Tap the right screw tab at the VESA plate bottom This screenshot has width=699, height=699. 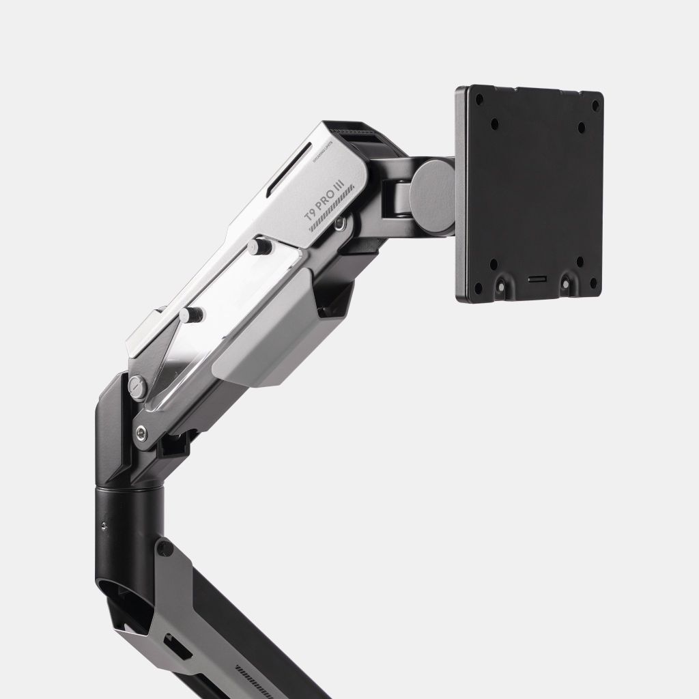click(567, 281)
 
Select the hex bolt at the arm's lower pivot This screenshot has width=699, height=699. click(141, 432)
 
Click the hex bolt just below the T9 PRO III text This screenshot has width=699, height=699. click(340, 222)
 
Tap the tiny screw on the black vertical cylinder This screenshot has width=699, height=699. click(103, 524)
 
